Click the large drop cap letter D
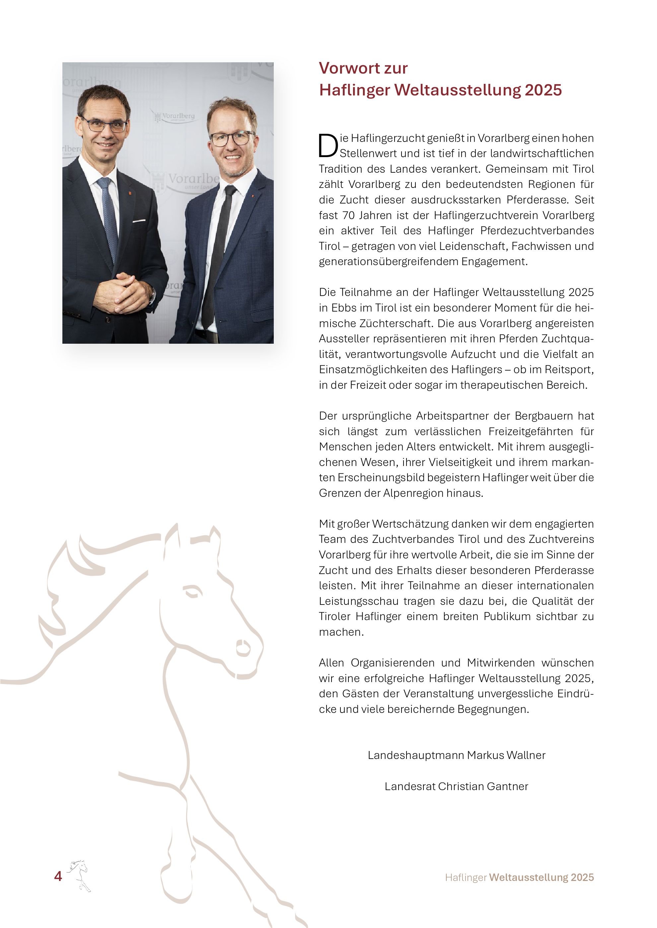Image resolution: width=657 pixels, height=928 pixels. coord(328,146)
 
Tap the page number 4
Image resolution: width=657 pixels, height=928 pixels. coord(58,876)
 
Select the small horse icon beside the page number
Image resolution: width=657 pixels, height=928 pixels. coord(79,875)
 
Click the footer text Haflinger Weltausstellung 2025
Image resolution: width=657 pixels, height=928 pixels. coord(519,877)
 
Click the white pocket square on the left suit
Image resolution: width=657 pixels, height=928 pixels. coord(139,221)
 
